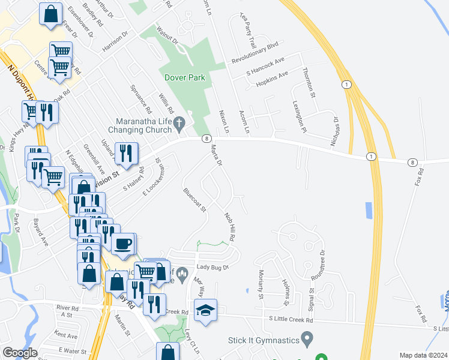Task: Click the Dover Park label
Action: [185, 77]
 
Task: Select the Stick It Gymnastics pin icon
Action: [307, 340]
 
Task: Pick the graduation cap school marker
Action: [205, 310]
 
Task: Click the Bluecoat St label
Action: [195, 201]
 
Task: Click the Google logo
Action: [20, 353]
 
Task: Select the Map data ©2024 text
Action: [423, 355]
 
